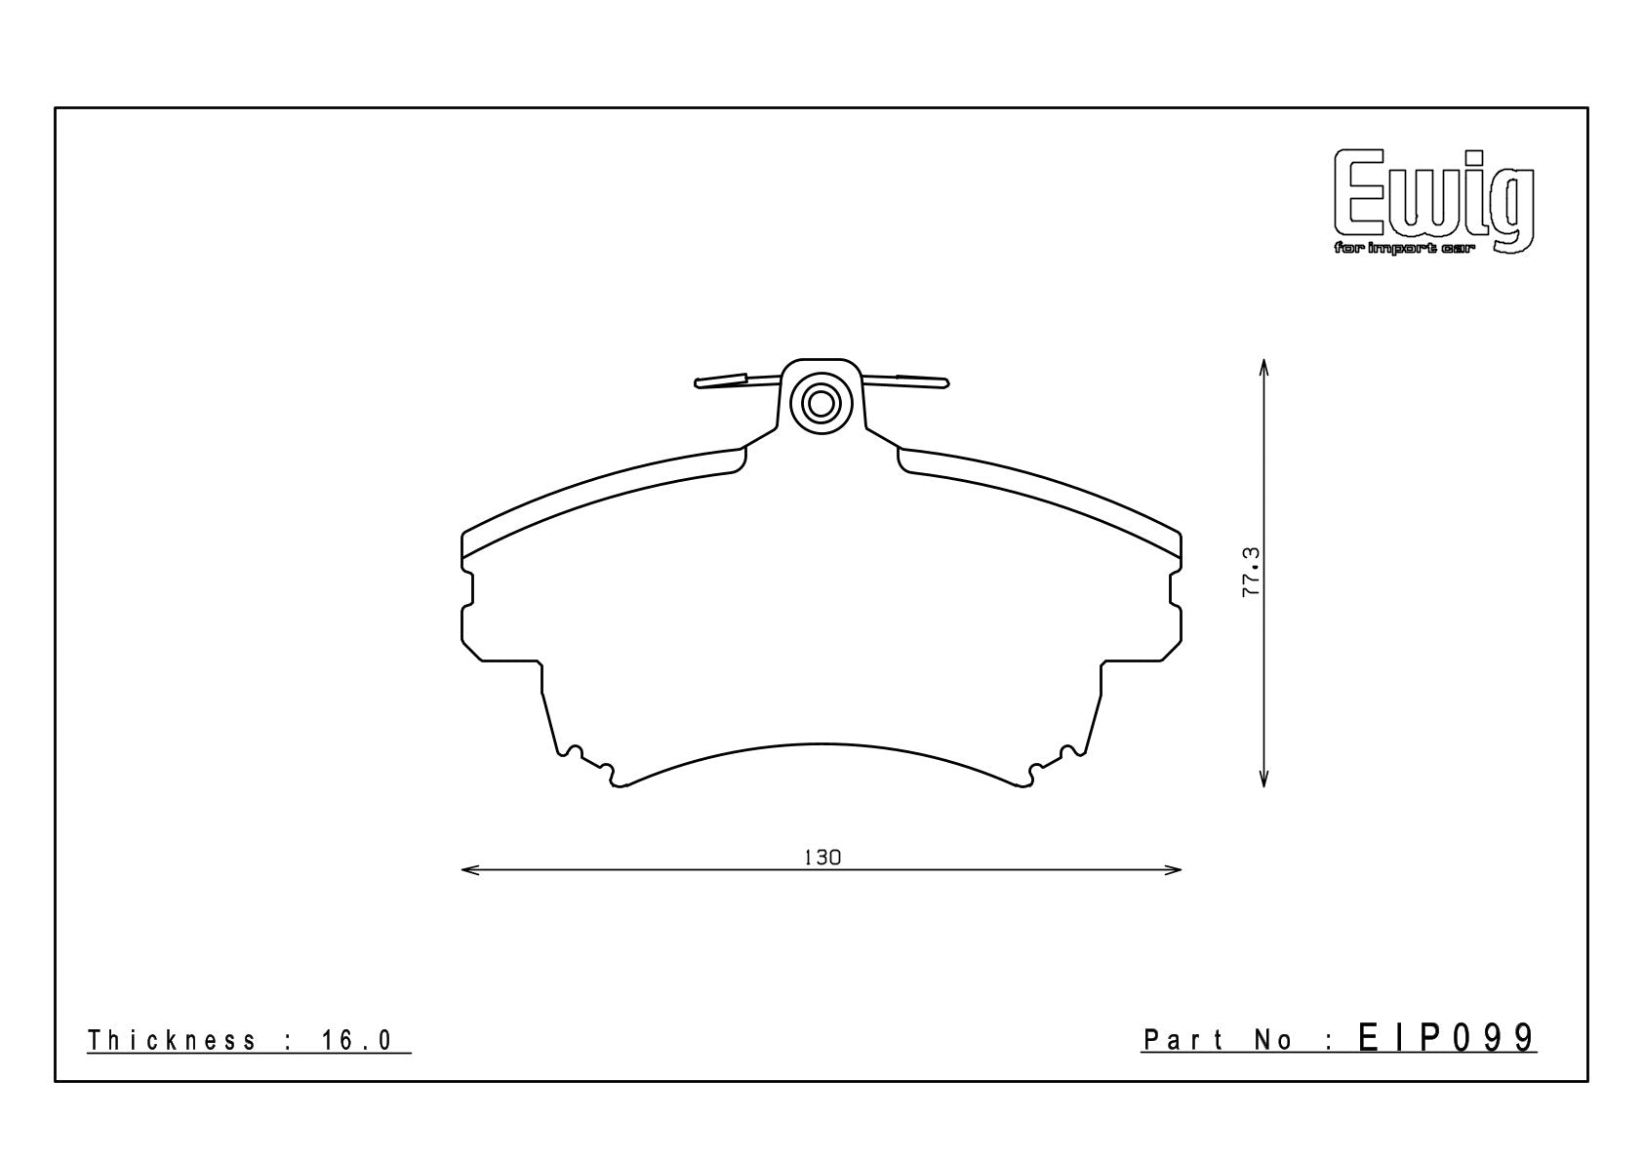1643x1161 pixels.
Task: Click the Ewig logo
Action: pos(1434,202)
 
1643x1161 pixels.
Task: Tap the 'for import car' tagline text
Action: pos(1405,250)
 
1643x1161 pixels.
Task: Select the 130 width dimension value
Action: pos(822,858)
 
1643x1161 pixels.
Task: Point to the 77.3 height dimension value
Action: pos(1251,572)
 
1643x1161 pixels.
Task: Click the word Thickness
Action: pos(172,1040)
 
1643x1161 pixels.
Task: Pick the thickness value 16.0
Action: pos(357,1040)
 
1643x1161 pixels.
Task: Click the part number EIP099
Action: pos(1447,1038)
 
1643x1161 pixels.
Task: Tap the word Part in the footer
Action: pos(1183,1040)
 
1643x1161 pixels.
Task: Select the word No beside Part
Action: pos(1272,1040)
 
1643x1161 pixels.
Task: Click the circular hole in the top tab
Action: pos(821,404)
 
